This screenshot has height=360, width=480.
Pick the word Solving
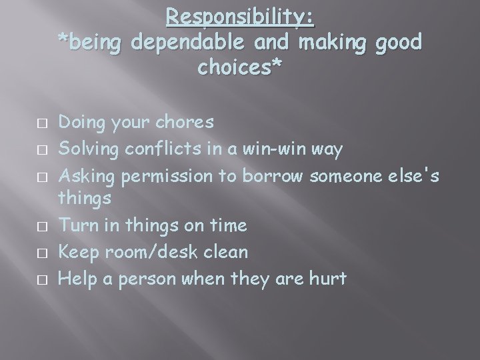pos(86,148)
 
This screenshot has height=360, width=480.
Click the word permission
pos(161,175)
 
